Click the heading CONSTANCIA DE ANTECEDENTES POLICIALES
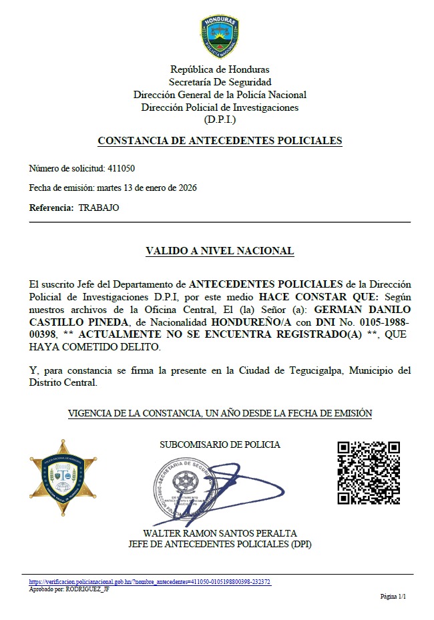[x=220, y=141]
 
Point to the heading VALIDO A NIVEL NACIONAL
[x=220, y=251]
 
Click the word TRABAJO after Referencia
[x=99, y=208]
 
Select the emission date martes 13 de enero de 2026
[x=147, y=188]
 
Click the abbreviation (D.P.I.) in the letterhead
[x=220, y=119]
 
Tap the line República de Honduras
[x=220, y=69]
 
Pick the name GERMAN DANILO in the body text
[x=362, y=309]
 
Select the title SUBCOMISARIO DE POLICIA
[x=220, y=444]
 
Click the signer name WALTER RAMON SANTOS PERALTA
[x=220, y=533]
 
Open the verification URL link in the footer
[x=150, y=582]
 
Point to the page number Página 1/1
[x=393, y=596]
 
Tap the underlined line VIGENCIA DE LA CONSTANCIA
[x=220, y=413]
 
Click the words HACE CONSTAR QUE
[x=319, y=296]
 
